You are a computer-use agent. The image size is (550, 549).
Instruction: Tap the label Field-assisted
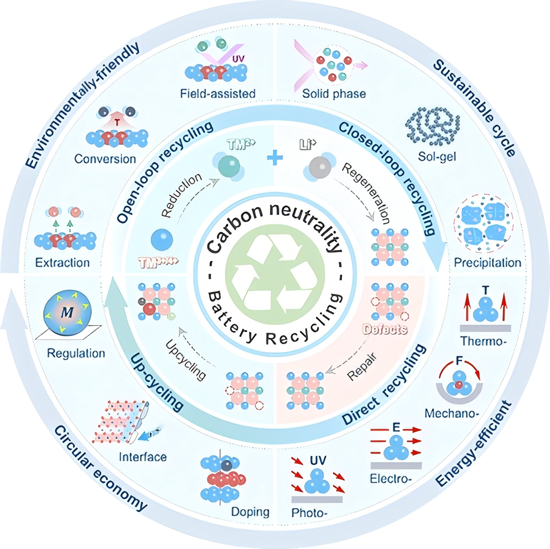(x=218, y=94)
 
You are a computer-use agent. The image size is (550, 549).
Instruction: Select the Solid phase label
(x=334, y=94)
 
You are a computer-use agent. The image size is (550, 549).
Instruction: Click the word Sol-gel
(x=437, y=156)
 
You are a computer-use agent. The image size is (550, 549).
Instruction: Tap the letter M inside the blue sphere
(x=67, y=312)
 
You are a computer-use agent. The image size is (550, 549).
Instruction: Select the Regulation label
(x=76, y=353)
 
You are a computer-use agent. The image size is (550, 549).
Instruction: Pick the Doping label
(x=250, y=512)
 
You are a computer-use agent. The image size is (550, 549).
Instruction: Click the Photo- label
(x=308, y=513)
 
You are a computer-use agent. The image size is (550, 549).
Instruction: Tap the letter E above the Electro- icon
(x=396, y=427)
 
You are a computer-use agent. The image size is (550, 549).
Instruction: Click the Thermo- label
(x=483, y=341)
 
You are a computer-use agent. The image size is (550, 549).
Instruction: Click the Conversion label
(x=105, y=159)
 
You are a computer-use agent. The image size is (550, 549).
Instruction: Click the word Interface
(x=143, y=457)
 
